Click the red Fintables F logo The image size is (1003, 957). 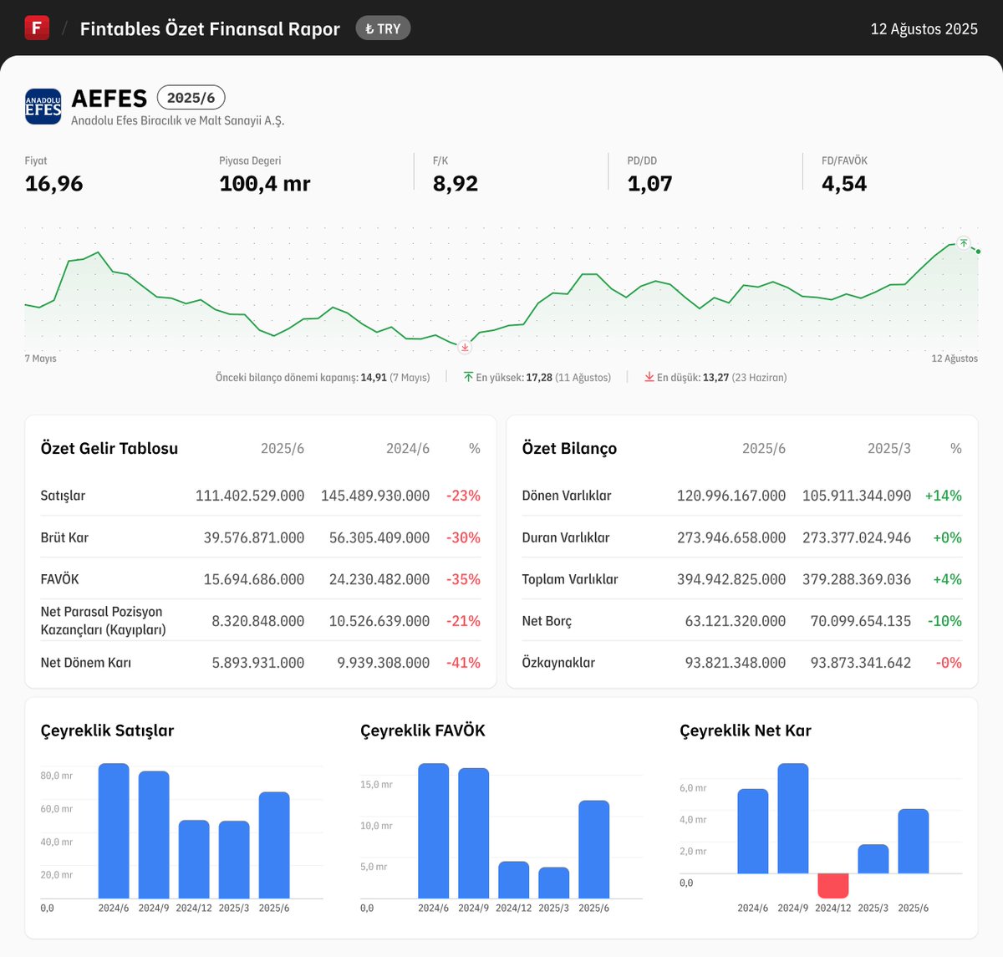point(37,28)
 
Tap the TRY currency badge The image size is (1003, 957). point(383,28)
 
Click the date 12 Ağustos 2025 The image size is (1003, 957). point(924,29)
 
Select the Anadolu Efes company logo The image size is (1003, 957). point(43,107)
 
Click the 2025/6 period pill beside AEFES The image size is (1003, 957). point(191,98)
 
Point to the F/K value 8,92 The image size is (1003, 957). point(456,184)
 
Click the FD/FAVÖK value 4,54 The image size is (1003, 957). point(844,184)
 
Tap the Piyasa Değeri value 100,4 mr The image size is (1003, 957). point(264,184)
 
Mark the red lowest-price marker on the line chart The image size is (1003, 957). point(466,347)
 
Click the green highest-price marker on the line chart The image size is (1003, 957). point(964,243)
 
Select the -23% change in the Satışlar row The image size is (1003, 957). point(463,496)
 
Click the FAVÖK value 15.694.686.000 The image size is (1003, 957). point(254,579)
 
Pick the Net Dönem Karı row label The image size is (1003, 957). point(86,663)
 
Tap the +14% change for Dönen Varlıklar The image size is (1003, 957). point(943,496)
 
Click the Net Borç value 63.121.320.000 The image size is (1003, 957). point(736,621)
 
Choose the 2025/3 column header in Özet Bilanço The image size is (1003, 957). point(889,449)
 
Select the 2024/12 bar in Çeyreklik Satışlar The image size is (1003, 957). point(194,859)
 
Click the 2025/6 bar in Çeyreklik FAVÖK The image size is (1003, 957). point(593,849)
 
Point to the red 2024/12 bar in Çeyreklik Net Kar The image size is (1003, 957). point(833,885)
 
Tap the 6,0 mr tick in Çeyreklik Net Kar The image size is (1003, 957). point(693,788)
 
